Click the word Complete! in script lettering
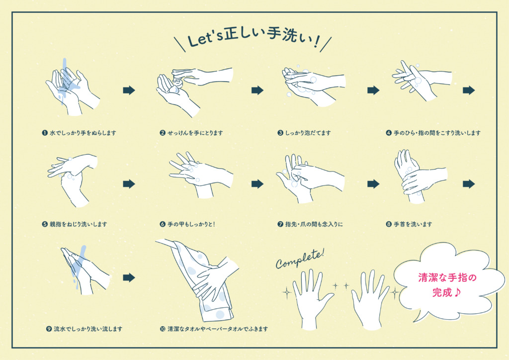(x=300, y=259)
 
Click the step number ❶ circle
(x=45, y=133)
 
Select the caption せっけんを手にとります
(x=195, y=133)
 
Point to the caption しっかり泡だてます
(x=308, y=133)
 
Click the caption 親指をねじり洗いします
(x=78, y=224)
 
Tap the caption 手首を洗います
(x=413, y=224)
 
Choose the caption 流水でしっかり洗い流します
(x=88, y=329)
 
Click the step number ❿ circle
(x=163, y=329)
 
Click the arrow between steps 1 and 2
(x=129, y=90)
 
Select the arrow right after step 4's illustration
(x=469, y=90)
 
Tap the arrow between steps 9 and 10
(x=129, y=277)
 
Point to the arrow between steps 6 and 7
(x=257, y=184)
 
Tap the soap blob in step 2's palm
(x=173, y=90)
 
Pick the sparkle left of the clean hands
(x=287, y=292)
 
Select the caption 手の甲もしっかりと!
(x=191, y=224)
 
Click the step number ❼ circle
(x=280, y=224)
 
